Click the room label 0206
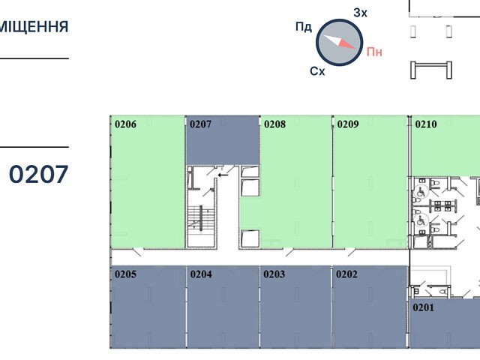click(125, 124)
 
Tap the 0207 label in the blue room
click(200, 124)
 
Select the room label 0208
click(275, 124)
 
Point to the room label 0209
click(348, 124)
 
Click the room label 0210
click(426, 124)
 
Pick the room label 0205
click(125, 274)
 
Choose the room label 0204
click(201, 274)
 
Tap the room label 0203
click(274, 274)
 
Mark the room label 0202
click(346, 274)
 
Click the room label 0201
click(424, 307)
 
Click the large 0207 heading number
click(38, 175)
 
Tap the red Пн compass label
click(374, 52)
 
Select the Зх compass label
click(360, 13)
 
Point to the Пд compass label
click(304, 27)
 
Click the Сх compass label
click(317, 71)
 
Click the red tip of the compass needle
click(355, 48)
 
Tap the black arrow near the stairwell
click(223, 175)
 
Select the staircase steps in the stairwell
click(201, 218)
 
